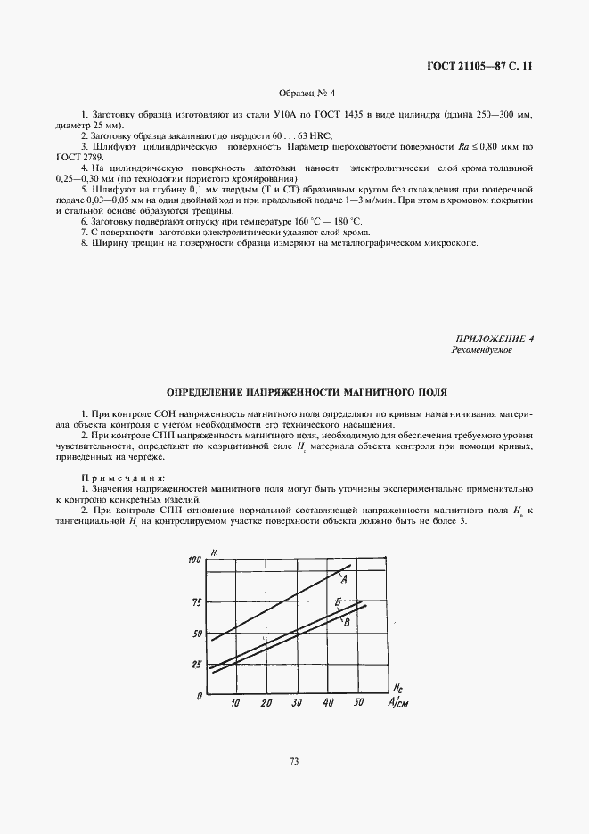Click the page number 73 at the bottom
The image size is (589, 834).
[294, 760]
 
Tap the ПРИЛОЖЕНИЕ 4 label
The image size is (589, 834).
[495, 339]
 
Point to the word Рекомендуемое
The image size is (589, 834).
[482, 350]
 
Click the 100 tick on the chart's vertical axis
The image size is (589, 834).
[196, 560]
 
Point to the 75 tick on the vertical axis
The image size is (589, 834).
[198, 603]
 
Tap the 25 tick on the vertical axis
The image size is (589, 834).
[198, 665]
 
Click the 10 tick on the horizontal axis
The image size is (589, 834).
[235, 704]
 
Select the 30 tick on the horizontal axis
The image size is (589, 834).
[298, 704]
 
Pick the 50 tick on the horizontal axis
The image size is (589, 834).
[358, 704]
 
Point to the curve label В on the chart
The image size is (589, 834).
[345, 622]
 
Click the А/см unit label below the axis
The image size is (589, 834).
[397, 704]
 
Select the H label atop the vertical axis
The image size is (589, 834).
[216, 555]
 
